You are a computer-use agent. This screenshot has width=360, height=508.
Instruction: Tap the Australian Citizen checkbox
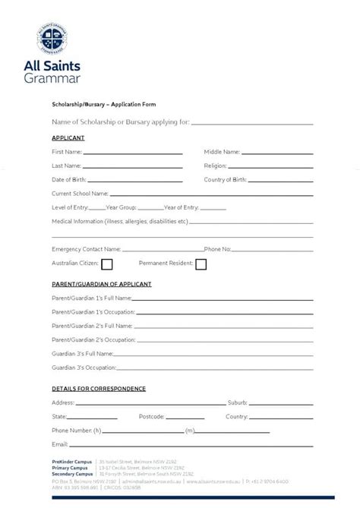(x=107, y=264)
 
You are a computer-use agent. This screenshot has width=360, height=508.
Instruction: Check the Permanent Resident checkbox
(x=201, y=264)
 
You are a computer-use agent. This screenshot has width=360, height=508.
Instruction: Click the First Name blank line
(x=133, y=153)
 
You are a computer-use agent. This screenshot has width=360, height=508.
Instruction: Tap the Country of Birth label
(x=225, y=180)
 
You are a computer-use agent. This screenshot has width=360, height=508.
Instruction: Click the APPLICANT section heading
(x=68, y=137)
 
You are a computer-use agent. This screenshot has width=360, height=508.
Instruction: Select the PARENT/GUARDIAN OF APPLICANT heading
(x=102, y=284)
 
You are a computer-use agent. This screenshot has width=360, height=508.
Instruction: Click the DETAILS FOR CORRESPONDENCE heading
(x=99, y=389)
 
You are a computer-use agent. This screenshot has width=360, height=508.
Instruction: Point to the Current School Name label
(x=80, y=194)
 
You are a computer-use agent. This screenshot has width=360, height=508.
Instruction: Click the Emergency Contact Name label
(x=86, y=248)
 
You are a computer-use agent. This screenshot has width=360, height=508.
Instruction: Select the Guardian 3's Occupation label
(x=84, y=367)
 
